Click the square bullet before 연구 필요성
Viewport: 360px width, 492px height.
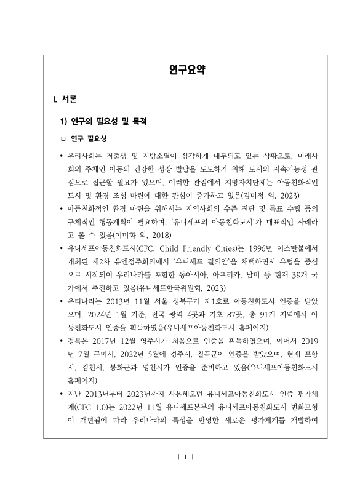pos(62,138)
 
